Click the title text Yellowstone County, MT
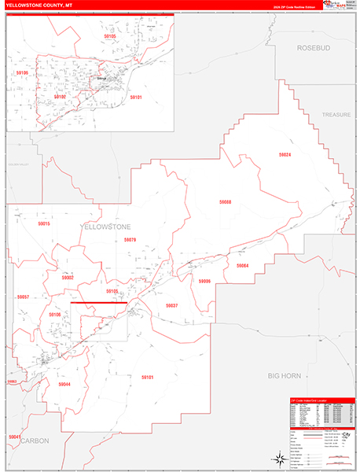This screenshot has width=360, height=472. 42,5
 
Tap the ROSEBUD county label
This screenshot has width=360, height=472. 315,48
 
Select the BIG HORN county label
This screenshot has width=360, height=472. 284,377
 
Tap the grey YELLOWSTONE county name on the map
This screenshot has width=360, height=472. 107,226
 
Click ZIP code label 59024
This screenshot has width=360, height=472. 285,155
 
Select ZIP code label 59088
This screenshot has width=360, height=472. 225,202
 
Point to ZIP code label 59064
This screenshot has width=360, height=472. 241,266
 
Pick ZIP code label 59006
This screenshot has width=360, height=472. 204,281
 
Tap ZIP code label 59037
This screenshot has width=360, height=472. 172,304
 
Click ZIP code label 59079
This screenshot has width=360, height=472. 130,240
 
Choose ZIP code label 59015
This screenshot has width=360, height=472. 44,224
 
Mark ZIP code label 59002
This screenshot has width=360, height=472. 68,277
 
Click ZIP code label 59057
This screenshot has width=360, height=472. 23,297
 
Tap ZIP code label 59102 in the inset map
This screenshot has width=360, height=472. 61,96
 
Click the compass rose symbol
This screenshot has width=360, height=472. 277,458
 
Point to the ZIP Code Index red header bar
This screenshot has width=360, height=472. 321,400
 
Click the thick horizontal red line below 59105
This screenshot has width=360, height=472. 98,302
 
